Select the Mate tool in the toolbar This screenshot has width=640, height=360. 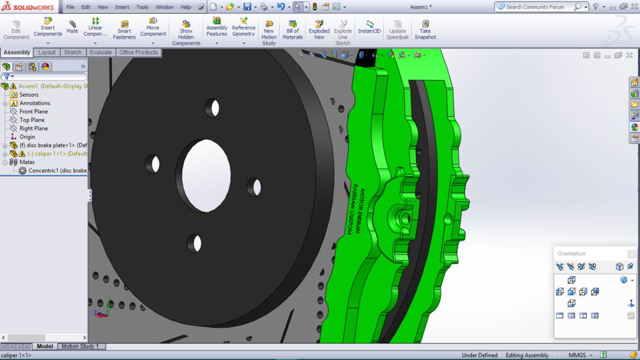point(72,27)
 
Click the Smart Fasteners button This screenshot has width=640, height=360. point(124,30)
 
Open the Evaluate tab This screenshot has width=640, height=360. point(101,53)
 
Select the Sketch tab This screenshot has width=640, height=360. point(73,53)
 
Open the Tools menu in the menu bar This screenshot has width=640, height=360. point(142,7)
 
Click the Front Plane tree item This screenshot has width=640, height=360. point(33,111)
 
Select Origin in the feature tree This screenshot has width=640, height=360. point(27,137)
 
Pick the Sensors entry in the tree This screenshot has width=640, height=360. point(29,95)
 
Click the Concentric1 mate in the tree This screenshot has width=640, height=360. point(57,171)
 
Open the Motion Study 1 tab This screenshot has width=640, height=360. point(80,347)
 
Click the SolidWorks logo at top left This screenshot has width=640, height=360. point(29,7)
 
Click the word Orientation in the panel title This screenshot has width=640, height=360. point(571,253)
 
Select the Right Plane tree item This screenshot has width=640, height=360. point(33,129)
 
